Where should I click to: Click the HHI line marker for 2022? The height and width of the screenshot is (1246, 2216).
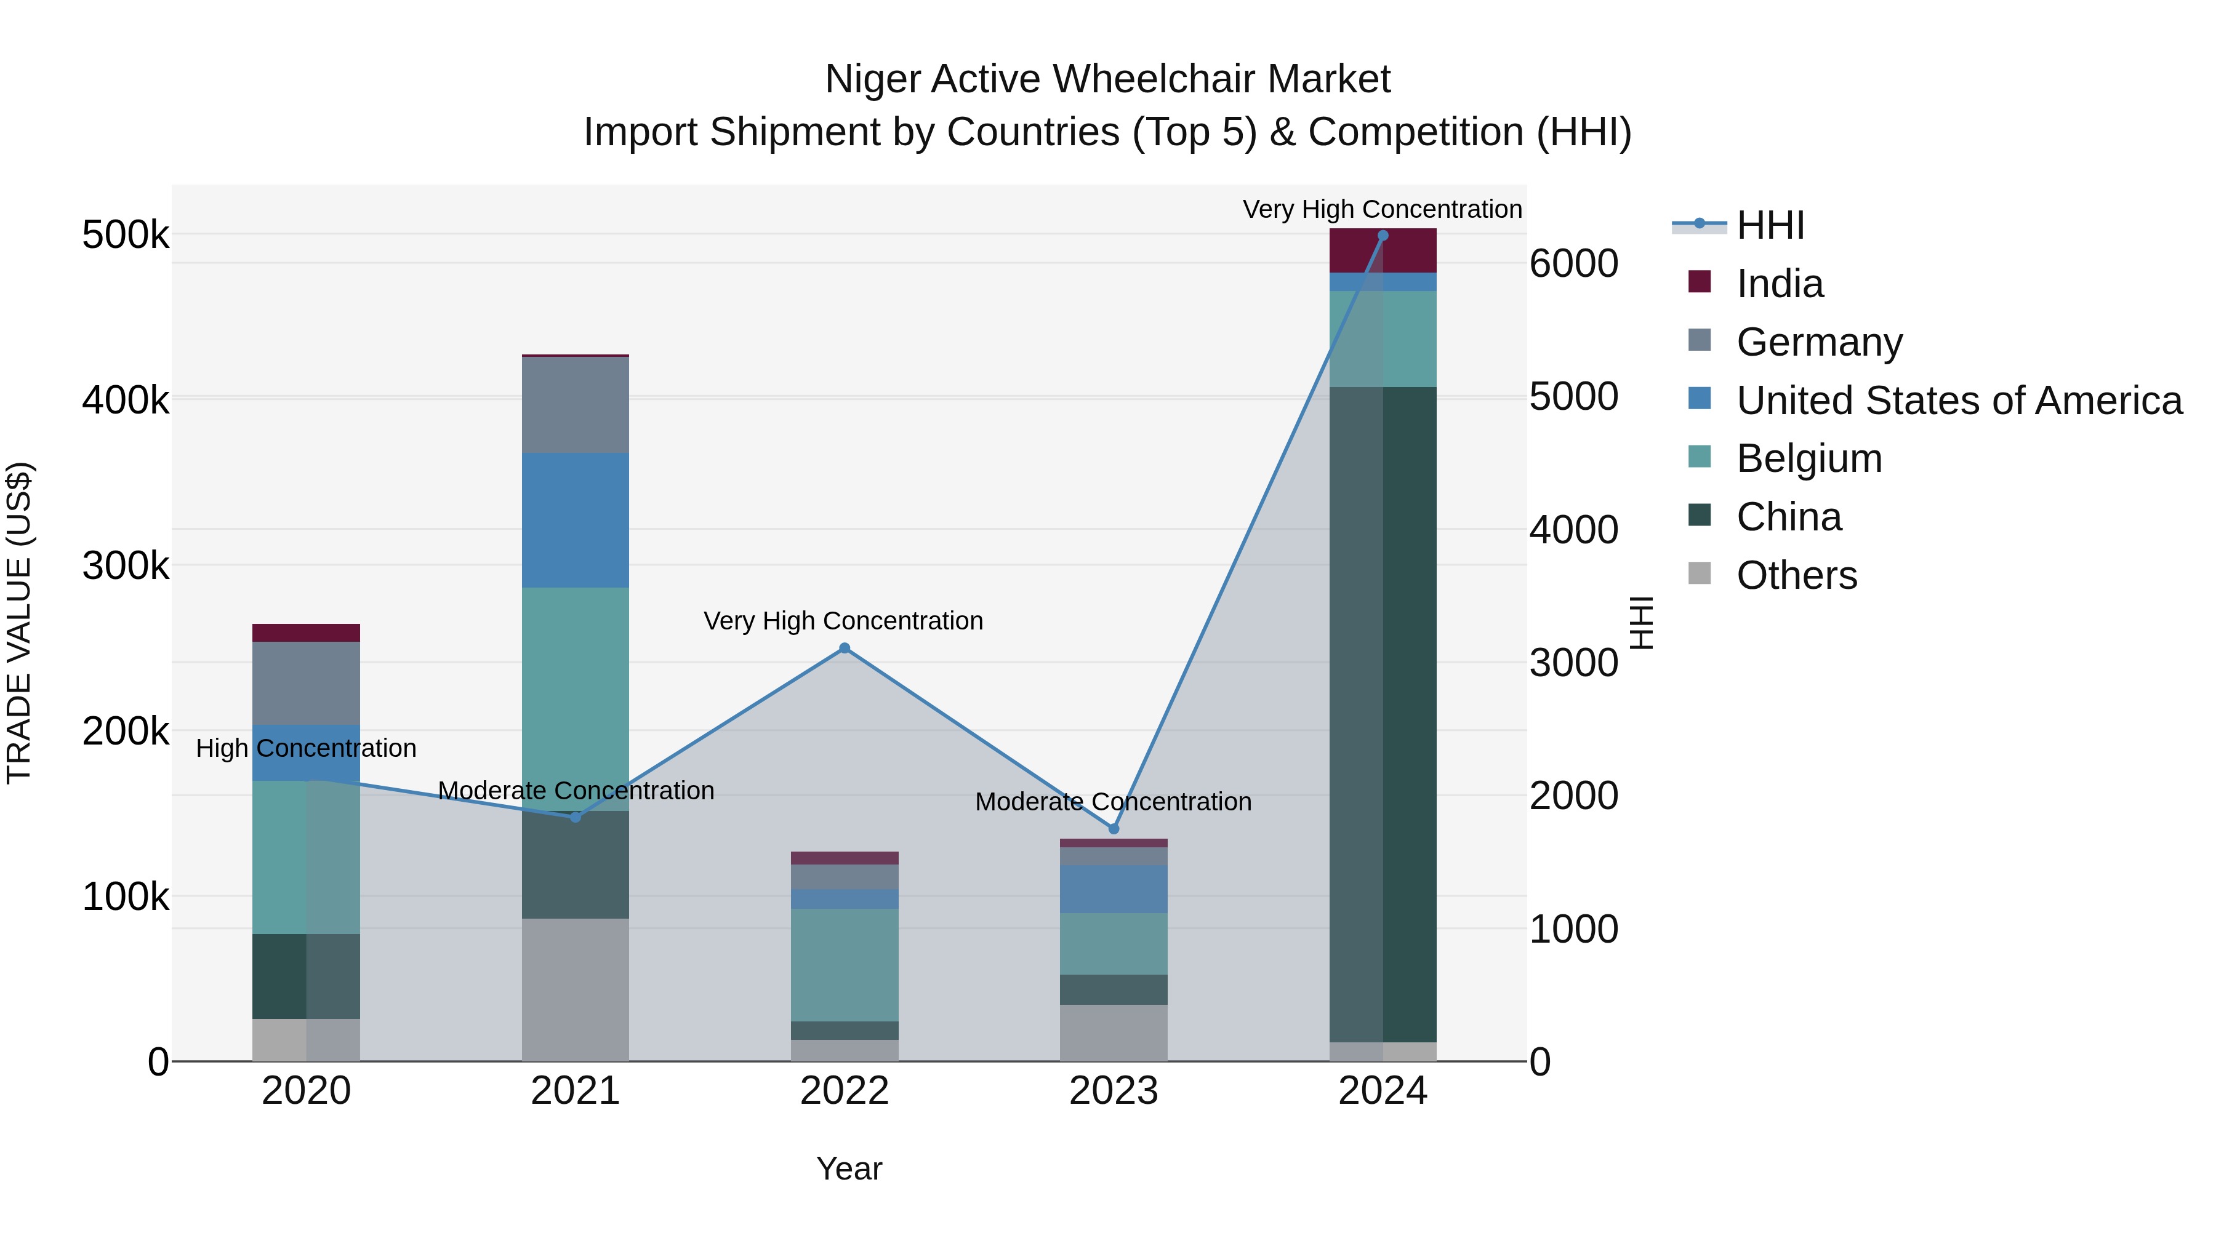pyautogui.click(x=844, y=649)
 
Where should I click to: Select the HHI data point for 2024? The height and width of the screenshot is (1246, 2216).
pyautogui.click(x=1383, y=236)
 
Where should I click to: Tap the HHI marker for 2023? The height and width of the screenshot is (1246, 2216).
pyautogui.click(x=1113, y=829)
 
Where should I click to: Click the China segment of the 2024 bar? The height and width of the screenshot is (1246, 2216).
pyautogui.click(x=1383, y=714)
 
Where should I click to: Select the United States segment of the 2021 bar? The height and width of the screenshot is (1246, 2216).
pyautogui.click(x=575, y=520)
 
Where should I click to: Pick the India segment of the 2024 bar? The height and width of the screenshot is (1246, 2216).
pyautogui.click(x=1383, y=250)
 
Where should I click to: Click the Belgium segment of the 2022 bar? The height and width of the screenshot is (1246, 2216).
pyautogui.click(x=844, y=965)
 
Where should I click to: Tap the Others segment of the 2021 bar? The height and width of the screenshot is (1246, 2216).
pyautogui.click(x=575, y=989)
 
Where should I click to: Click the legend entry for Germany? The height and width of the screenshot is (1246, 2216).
pyautogui.click(x=1818, y=342)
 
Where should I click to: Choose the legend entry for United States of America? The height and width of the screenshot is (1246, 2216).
pyautogui.click(x=1958, y=401)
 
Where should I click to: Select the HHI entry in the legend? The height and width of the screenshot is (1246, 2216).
pyautogui.click(x=1770, y=225)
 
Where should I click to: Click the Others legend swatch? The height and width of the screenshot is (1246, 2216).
pyautogui.click(x=1700, y=573)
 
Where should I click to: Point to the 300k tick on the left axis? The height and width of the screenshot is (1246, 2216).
pyautogui.click(x=126, y=566)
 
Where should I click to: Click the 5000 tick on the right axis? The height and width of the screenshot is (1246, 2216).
pyautogui.click(x=1573, y=397)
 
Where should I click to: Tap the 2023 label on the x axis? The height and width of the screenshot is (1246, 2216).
pyautogui.click(x=1113, y=1091)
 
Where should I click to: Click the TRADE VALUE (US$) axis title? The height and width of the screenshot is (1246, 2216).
pyautogui.click(x=19, y=623)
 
